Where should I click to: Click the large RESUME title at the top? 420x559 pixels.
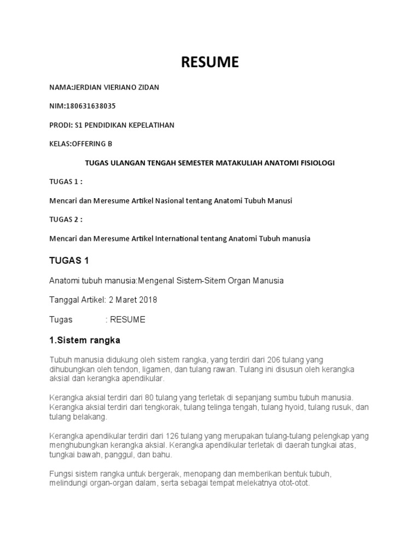click(210, 63)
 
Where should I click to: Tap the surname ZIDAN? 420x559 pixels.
click(148, 87)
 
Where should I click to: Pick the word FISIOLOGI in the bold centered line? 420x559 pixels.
click(314, 163)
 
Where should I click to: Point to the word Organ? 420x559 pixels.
click(228, 281)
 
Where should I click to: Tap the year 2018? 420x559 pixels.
click(148, 300)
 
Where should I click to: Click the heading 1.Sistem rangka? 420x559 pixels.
click(85, 341)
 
